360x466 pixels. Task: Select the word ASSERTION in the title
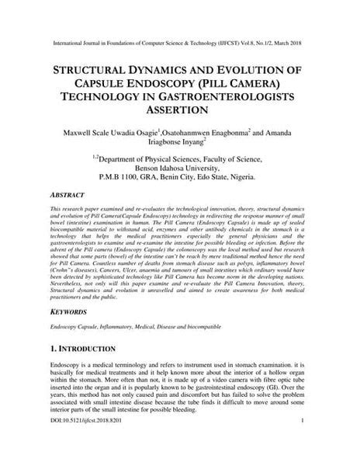[x=180, y=110]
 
